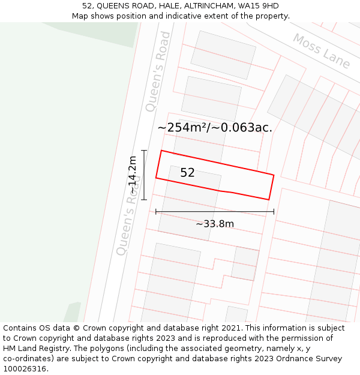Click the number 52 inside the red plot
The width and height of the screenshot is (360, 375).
point(187,173)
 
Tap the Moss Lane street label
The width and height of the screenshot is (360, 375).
point(321,51)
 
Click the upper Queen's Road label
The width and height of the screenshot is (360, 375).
point(158,71)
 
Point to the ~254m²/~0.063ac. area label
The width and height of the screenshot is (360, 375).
point(215,127)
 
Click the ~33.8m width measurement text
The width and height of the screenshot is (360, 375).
point(215,224)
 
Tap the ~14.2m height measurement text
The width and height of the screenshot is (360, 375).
point(132,175)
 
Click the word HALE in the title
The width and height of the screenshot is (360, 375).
point(158,6)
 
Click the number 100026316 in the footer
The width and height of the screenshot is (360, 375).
point(24,369)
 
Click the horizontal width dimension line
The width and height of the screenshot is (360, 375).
point(215,211)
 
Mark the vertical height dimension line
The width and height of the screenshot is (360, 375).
point(144,175)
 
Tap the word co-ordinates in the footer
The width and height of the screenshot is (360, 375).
point(28,359)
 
